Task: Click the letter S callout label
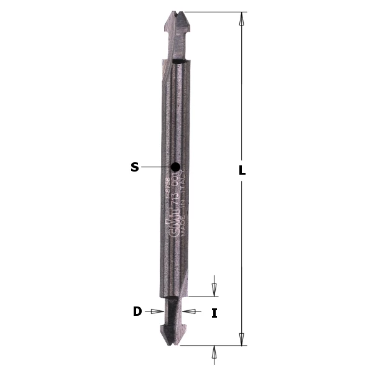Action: click(134, 167)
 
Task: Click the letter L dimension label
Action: click(242, 170)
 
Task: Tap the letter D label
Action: click(137, 311)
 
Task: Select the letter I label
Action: click(214, 313)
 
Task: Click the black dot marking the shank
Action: click(175, 167)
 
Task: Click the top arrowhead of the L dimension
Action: click(242, 18)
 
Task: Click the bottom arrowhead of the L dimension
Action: click(242, 339)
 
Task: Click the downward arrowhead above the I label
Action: click(214, 290)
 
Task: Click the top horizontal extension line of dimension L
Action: click(211, 12)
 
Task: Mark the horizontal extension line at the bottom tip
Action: click(211, 345)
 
